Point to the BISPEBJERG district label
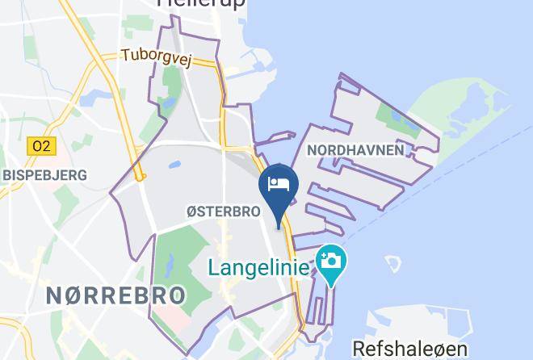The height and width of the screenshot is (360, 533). click(44, 174)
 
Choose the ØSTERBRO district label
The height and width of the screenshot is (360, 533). click(223, 211)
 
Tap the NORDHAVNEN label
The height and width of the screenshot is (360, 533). click(355, 150)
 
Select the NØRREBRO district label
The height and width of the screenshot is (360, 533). click(115, 295)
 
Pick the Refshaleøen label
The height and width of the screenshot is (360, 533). click(409, 348)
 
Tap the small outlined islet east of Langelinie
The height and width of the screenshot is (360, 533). click(393, 264)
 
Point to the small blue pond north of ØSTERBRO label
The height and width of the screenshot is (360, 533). click(174, 166)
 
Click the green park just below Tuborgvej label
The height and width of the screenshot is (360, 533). click(170, 81)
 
